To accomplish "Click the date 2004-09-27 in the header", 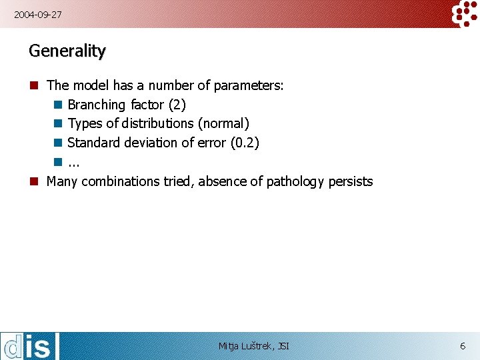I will (x=38, y=13).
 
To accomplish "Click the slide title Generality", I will (x=67, y=51).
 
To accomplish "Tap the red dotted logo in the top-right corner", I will (x=465, y=13).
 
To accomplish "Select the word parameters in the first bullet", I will (x=249, y=85).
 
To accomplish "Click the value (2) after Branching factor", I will (x=177, y=105).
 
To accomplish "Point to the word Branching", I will (x=97, y=105).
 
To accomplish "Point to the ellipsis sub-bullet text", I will (x=73, y=162).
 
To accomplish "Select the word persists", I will (x=351, y=181).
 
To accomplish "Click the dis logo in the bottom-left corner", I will (x=30, y=346).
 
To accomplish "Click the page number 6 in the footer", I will (x=463, y=346).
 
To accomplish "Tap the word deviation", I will (x=151, y=143).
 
